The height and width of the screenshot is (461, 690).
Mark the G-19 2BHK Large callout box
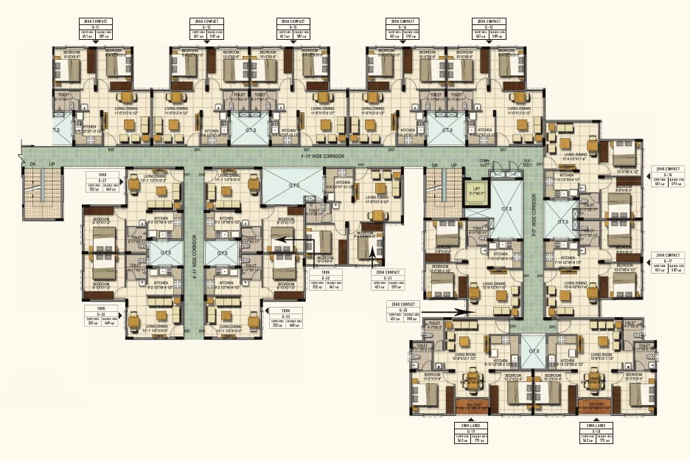click(473, 435)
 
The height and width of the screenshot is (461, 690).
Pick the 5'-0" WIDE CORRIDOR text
click(537, 221)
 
